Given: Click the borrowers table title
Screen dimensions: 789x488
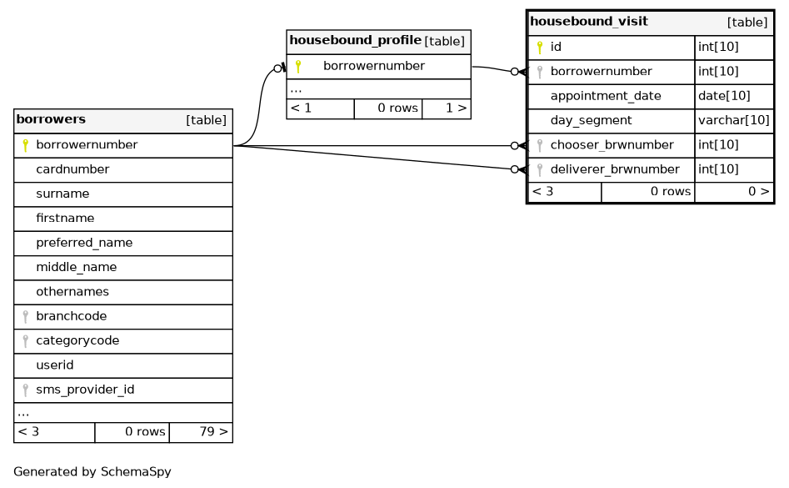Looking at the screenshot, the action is tap(51, 119).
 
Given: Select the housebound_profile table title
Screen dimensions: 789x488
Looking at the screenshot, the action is tap(355, 40).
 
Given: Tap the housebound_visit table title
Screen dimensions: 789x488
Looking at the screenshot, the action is tap(589, 21).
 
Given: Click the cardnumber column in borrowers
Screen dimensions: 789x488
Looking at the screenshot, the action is tap(72, 169).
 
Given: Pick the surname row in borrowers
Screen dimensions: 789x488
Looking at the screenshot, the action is tap(62, 194).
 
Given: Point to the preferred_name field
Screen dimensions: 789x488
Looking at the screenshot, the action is tap(84, 243).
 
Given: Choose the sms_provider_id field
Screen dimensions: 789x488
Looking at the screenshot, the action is tap(85, 390).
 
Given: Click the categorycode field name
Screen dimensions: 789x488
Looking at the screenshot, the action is tap(77, 341).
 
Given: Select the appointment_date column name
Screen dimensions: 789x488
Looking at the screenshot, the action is tap(606, 96).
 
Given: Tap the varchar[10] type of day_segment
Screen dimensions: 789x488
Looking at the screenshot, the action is tap(734, 120).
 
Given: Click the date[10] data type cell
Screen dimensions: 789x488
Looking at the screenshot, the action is tap(724, 96).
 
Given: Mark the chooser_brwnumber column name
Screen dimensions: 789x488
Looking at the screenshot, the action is tap(612, 145).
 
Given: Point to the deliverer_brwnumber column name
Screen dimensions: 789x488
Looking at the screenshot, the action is tap(615, 169).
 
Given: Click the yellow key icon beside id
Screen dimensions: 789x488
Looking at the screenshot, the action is tap(539, 48).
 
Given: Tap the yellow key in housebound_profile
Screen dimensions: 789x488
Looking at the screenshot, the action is tap(298, 67).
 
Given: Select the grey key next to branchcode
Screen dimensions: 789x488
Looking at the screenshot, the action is tap(25, 317).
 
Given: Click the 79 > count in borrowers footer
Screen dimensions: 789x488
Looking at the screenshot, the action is tap(213, 432).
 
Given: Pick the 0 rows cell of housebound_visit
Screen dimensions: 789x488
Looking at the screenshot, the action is tap(670, 191).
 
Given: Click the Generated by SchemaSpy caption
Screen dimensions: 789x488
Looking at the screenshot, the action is tap(92, 472).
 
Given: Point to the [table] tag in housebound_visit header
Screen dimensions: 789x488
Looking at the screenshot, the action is tap(747, 23).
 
